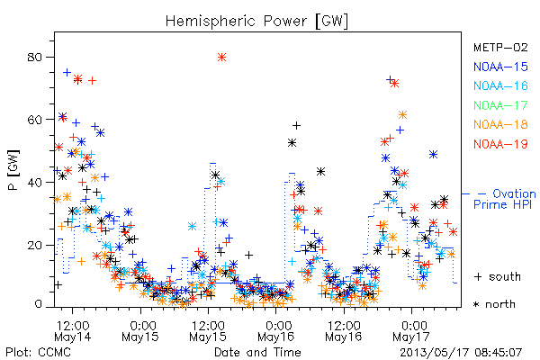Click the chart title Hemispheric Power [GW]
[256, 22]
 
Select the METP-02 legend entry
[500, 47]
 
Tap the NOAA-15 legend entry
[500, 67]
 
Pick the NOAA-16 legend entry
[500, 85]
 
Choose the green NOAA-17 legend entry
[500, 105]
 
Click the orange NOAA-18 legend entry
[500, 124]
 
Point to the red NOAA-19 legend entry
[500, 144]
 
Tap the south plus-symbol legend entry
[498, 276]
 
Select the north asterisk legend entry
[494, 304]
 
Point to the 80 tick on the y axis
[35, 58]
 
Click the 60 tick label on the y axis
[35, 120]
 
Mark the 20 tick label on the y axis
[35, 246]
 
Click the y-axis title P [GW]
[13, 170]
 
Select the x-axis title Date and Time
[257, 352]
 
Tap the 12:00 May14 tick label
[73, 330]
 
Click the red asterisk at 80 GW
[221, 58]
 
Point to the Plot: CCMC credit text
[38, 352]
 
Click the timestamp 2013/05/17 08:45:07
[461, 352]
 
